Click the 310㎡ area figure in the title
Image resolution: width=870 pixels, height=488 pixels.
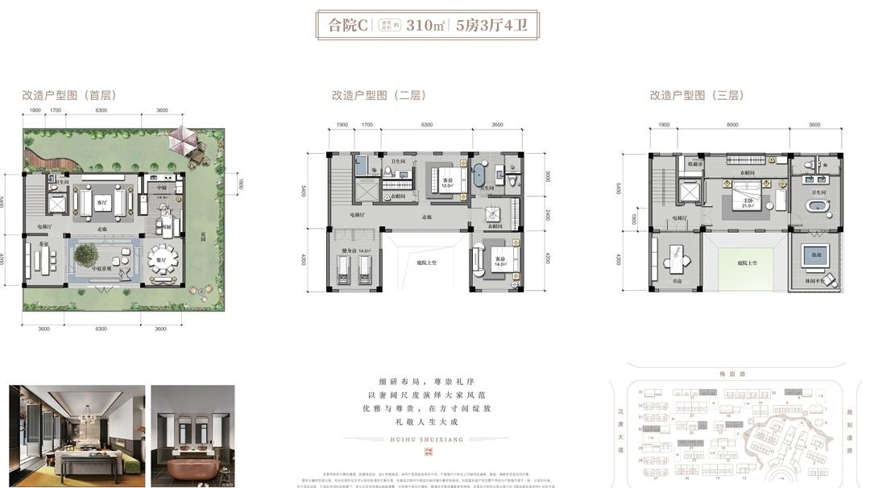[426, 26]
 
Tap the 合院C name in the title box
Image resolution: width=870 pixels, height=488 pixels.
[347, 26]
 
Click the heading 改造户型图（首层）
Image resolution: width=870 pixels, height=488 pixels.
[69, 95]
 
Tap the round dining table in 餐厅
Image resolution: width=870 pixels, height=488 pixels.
[164, 260]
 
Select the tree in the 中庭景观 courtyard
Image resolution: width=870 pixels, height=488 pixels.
[86, 255]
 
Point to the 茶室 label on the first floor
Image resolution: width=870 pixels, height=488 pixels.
[32, 244]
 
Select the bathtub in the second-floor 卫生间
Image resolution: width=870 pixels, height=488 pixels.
[479, 176]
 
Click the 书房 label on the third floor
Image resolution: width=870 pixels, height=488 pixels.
[676, 281]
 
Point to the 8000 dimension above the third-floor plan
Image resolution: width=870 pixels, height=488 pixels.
[731, 125]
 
